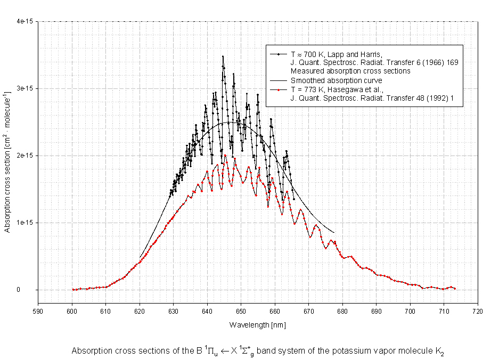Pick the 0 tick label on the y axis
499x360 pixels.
pos(32,290)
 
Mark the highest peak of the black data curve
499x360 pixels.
pos(223,56)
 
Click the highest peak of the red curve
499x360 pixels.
pos(225,156)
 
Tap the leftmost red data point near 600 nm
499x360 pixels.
pos(73,289)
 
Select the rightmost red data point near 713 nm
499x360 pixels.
pos(455,289)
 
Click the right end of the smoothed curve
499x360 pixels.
pos(334,233)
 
